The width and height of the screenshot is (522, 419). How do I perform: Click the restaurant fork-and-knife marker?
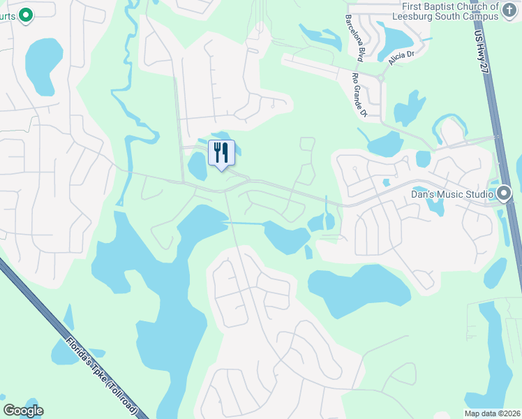[221, 152]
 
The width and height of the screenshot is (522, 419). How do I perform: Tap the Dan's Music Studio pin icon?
[505, 192]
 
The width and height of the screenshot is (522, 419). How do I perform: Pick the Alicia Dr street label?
[401, 54]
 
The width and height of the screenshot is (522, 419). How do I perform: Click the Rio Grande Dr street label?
[359, 94]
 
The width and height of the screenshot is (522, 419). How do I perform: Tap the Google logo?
[23, 411]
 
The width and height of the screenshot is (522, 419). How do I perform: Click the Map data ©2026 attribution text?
[492, 413]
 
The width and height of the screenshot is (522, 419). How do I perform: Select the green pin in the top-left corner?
[26, 14]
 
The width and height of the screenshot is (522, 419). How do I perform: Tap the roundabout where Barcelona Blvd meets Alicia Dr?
[381, 78]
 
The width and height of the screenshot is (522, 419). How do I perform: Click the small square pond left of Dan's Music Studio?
[423, 159]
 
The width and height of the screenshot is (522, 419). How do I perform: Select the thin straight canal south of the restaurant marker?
[244, 223]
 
